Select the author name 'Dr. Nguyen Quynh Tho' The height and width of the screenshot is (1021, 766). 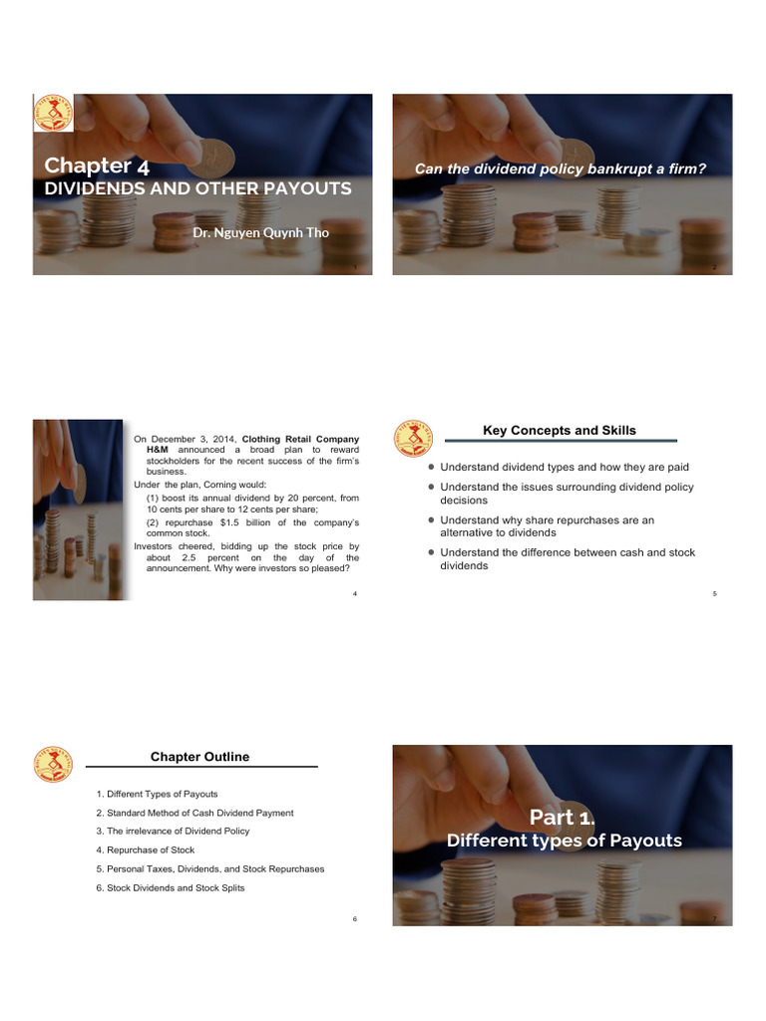(x=261, y=231)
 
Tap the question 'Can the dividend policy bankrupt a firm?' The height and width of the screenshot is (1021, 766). (x=561, y=169)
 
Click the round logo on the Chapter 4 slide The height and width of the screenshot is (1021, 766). (x=53, y=116)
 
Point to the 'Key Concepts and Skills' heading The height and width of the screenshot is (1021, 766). (x=559, y=431)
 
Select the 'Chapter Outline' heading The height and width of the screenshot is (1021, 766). (x=199, y=757)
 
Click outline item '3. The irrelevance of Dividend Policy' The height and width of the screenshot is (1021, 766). (x=173, y=832)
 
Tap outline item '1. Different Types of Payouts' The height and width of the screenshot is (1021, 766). (x=157, y=795)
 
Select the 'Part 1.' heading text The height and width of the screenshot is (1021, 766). (x=562, y=818)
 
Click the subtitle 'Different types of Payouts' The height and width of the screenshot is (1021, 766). (x=564, y=841)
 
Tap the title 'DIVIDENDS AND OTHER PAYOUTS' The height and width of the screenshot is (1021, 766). (x=197, y=188)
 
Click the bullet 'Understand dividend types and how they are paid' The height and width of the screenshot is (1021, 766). (x=564, y=468)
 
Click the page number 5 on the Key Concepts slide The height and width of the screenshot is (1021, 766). (x=714, y=594)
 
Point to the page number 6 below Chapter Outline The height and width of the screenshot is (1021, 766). (x=354, y=918)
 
